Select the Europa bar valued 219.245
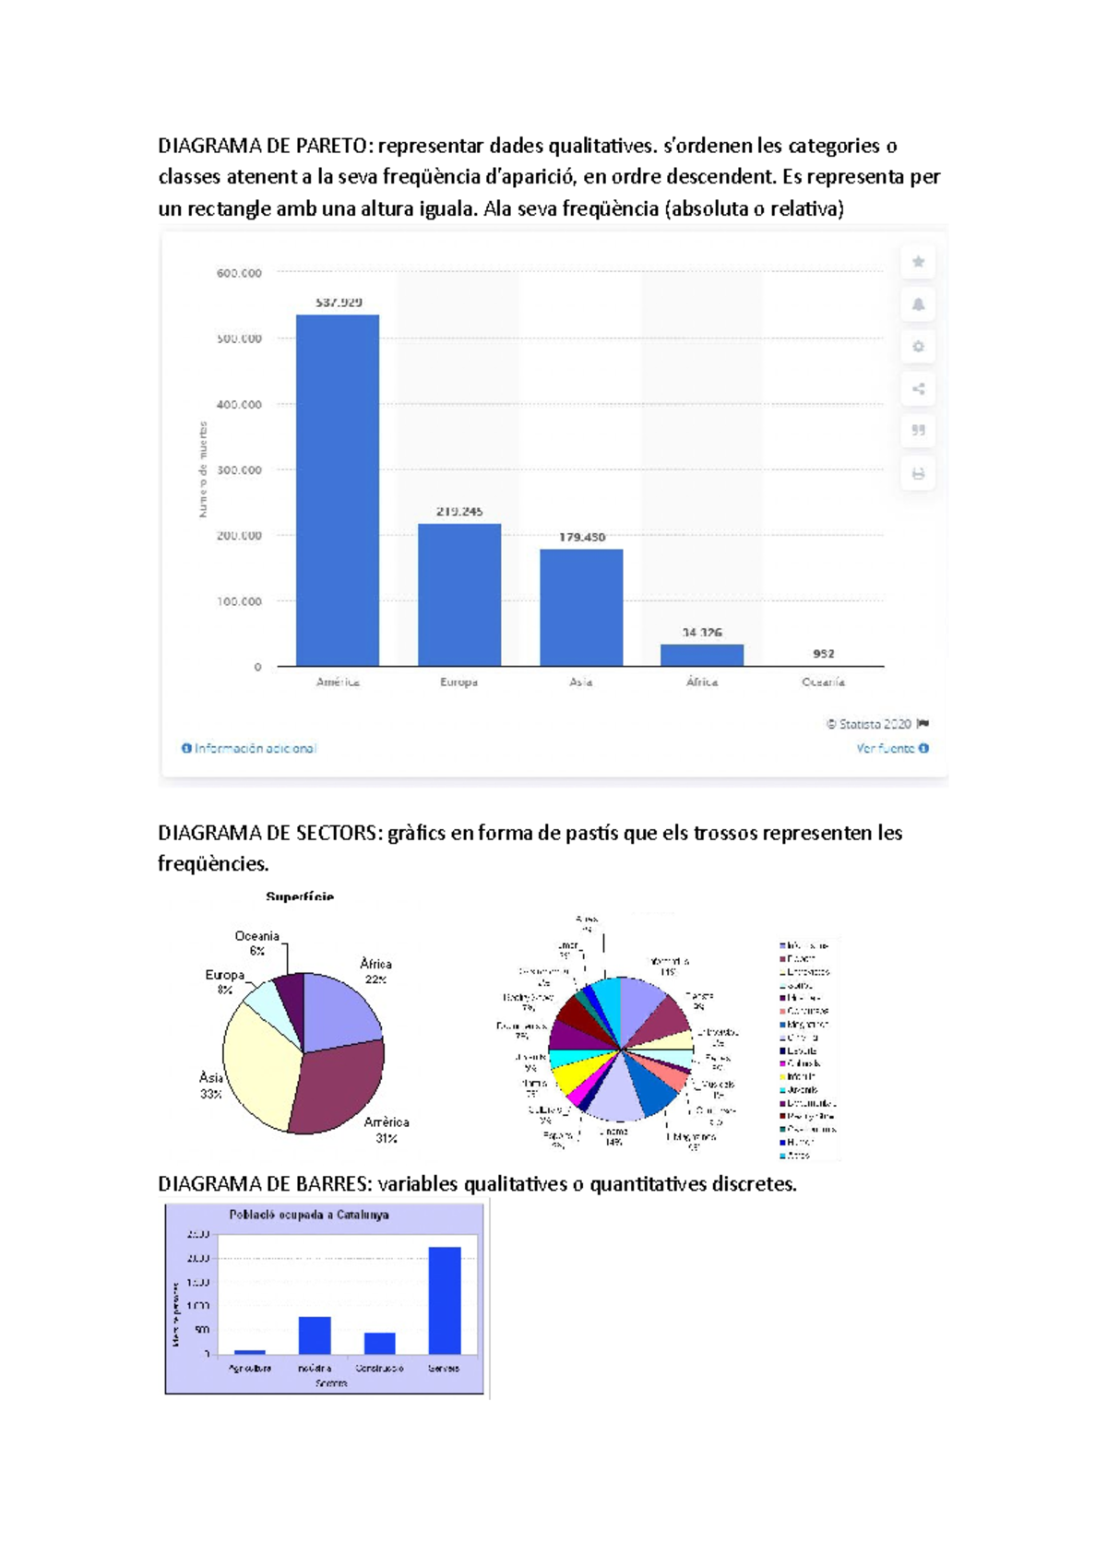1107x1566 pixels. click(459, 595)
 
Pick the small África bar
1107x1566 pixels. click(702, 655)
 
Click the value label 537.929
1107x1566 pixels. click(339, 303)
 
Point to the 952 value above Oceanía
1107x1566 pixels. click(823, 654)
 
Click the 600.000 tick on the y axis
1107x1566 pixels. click(239, 273)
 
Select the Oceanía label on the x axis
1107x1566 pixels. click(823, 682)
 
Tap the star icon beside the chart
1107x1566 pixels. click(918, 262)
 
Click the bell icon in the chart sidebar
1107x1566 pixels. click(918, 304)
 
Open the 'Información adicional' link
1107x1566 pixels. click(250, 748)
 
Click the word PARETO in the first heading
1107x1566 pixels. click(333, 146)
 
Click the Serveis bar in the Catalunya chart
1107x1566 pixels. click(445, 1300)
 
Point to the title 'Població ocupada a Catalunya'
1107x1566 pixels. click(308, 1215)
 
